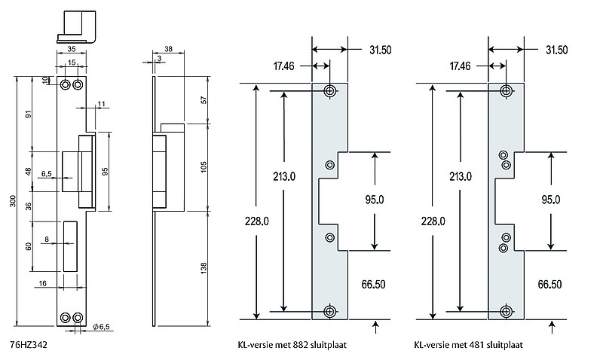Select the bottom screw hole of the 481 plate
pyautogui.click(x=506, y=311)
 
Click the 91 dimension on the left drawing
pyautogui.click(x=29, y=114)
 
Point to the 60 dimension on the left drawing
pyautogui.click(x=29, y=246)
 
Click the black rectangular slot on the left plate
pyautogui.click(x=70, y=247)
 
